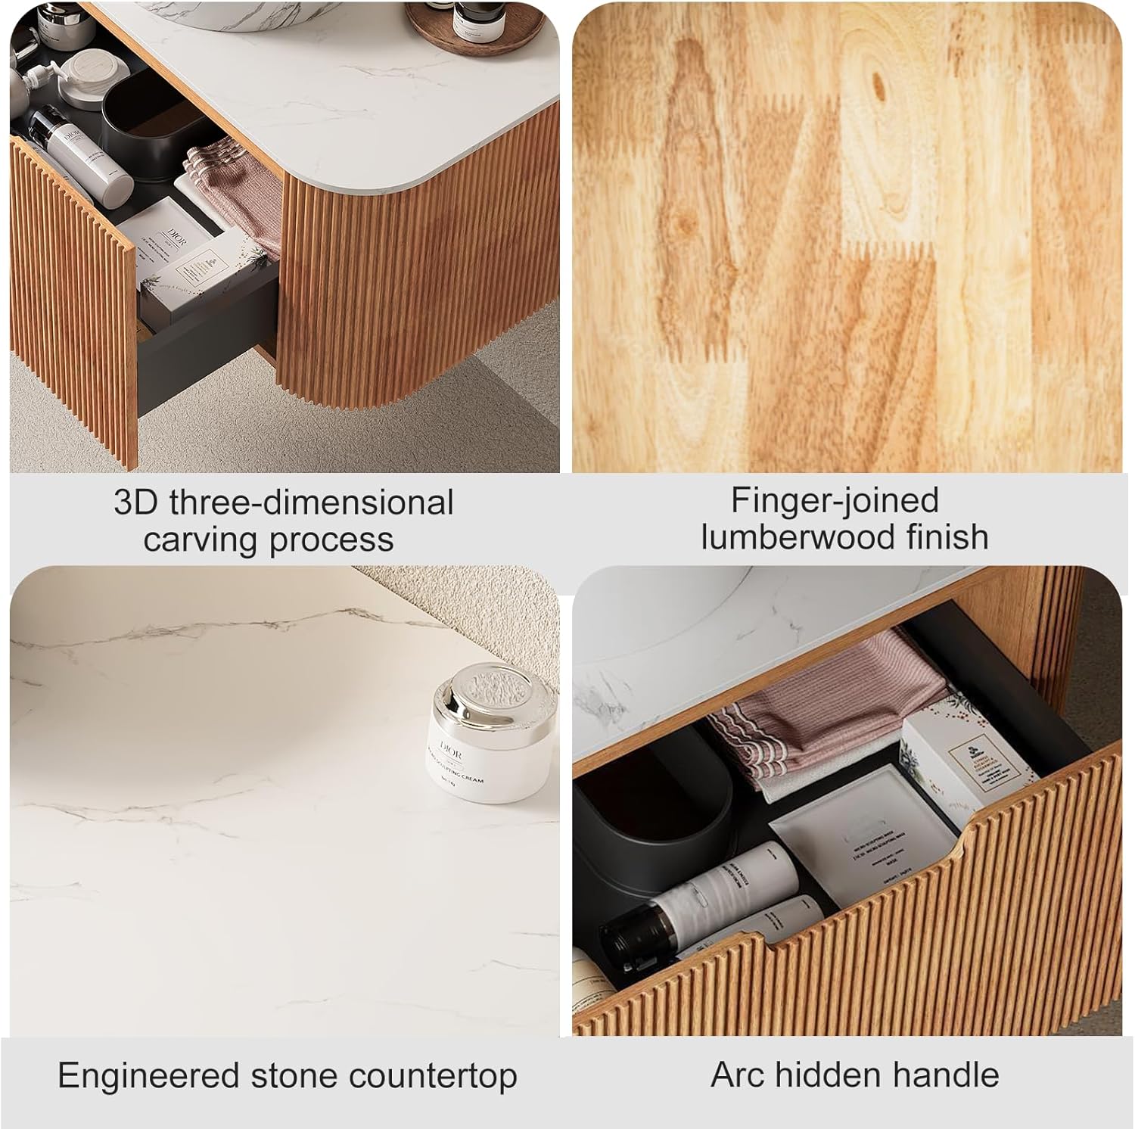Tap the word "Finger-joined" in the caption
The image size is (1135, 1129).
tap(835, 501)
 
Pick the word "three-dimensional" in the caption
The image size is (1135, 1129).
tap(311, 503)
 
